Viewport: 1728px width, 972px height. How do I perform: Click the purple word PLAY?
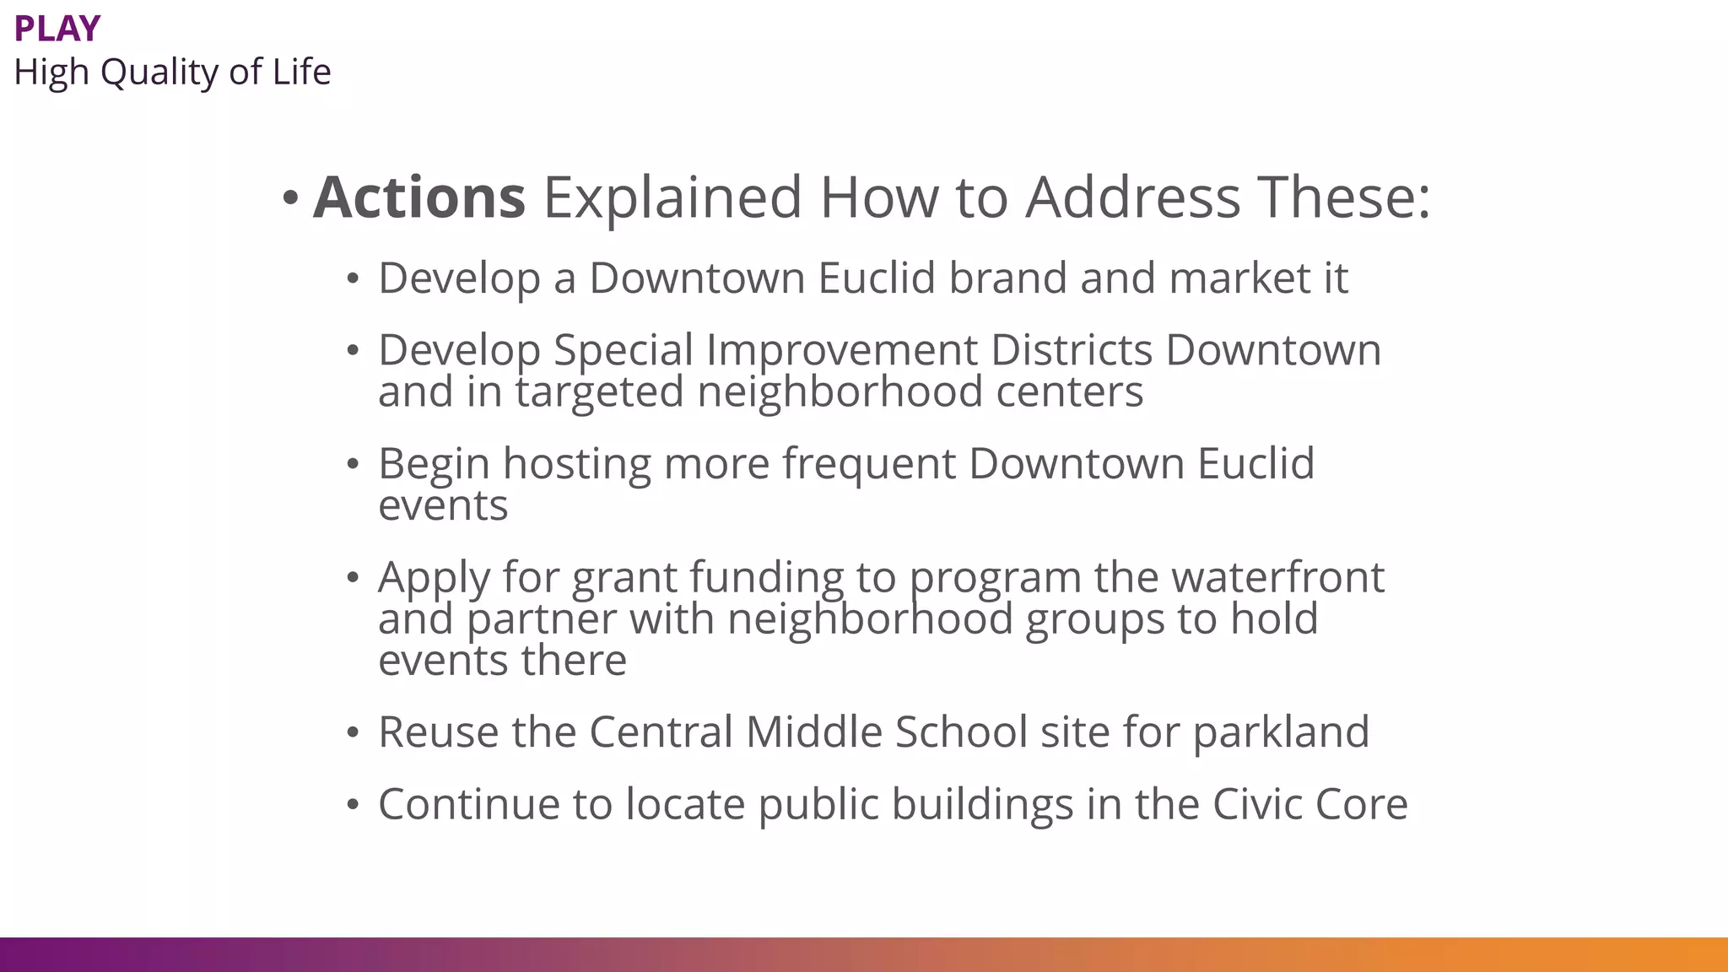[57, 29]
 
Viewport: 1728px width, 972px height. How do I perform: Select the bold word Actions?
[419, 197]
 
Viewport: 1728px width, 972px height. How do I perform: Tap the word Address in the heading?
[1133, 197]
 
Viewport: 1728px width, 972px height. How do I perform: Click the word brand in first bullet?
[1007, 278]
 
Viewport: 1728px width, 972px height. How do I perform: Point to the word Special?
[623, 350]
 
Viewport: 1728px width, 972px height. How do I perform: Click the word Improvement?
[841, 350]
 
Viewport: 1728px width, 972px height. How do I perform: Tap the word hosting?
[577, 464]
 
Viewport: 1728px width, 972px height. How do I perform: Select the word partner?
[541, 619]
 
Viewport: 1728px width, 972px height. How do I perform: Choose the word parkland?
[1280, 732]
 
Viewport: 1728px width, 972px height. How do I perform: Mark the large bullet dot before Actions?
[290, 199]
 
